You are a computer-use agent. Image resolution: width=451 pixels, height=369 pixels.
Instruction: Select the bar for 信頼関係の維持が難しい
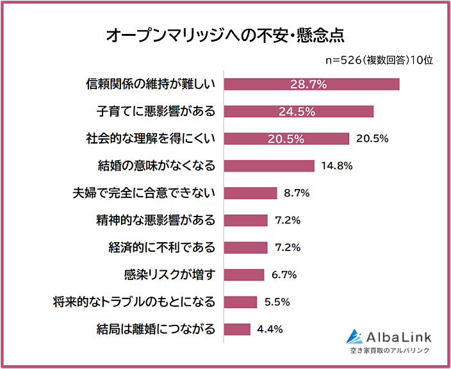pos(311,84)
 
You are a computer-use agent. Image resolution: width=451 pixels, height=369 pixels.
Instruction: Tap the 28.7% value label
pos(309,84)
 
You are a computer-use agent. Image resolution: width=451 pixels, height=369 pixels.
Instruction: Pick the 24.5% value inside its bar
pos(297,111)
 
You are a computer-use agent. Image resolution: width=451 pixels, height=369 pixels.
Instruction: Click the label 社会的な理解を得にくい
pos(151,138)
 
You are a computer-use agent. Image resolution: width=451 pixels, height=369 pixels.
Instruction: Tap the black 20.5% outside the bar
pos(372,138)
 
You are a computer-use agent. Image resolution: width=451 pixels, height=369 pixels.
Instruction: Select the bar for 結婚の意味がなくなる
pos(269,166)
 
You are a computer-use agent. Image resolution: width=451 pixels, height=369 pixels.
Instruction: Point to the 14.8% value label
pos(336,166)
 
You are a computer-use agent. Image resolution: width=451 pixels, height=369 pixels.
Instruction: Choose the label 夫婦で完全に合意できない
pos(145,193)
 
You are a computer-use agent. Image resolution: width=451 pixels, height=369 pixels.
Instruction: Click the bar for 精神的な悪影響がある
pos(245,220)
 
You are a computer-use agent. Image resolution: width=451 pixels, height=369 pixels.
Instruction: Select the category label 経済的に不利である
pos(162,247)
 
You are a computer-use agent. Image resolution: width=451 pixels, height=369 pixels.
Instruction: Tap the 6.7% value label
pos(284,275)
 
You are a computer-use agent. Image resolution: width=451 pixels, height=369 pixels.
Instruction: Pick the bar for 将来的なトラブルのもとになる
pos(240,302)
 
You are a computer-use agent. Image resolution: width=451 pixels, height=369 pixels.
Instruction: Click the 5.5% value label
pos(277,302)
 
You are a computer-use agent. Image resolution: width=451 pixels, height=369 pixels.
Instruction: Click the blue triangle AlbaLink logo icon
pos(354,336)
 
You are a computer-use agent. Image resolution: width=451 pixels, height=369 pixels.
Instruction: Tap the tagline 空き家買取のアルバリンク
pos(389,351)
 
